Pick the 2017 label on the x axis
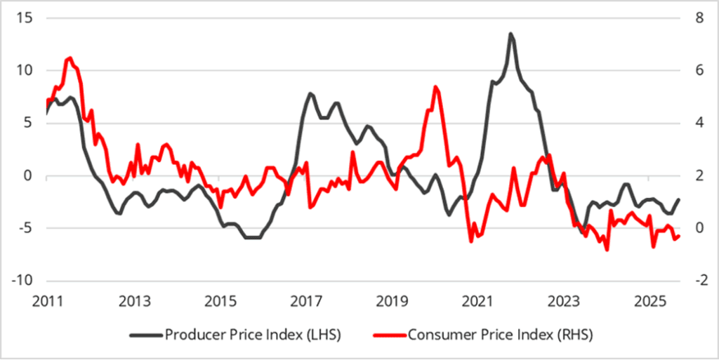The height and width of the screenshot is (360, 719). pos(307,302)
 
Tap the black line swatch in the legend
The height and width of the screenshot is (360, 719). pos(145,335)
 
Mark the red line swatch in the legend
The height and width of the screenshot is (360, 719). pos(388,335)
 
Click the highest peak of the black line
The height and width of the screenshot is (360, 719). pos(510,34)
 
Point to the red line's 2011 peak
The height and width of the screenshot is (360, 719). pos(70,58)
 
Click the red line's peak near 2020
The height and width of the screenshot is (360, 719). pos(436,87)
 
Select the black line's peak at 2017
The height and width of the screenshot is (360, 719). pos(310,93)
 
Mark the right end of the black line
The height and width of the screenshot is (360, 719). pos(678,200)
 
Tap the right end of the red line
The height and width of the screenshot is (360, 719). pos(678,236)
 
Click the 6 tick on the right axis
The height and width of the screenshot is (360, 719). pos(696,70)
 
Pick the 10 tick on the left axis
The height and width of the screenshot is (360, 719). pos(24,70)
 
